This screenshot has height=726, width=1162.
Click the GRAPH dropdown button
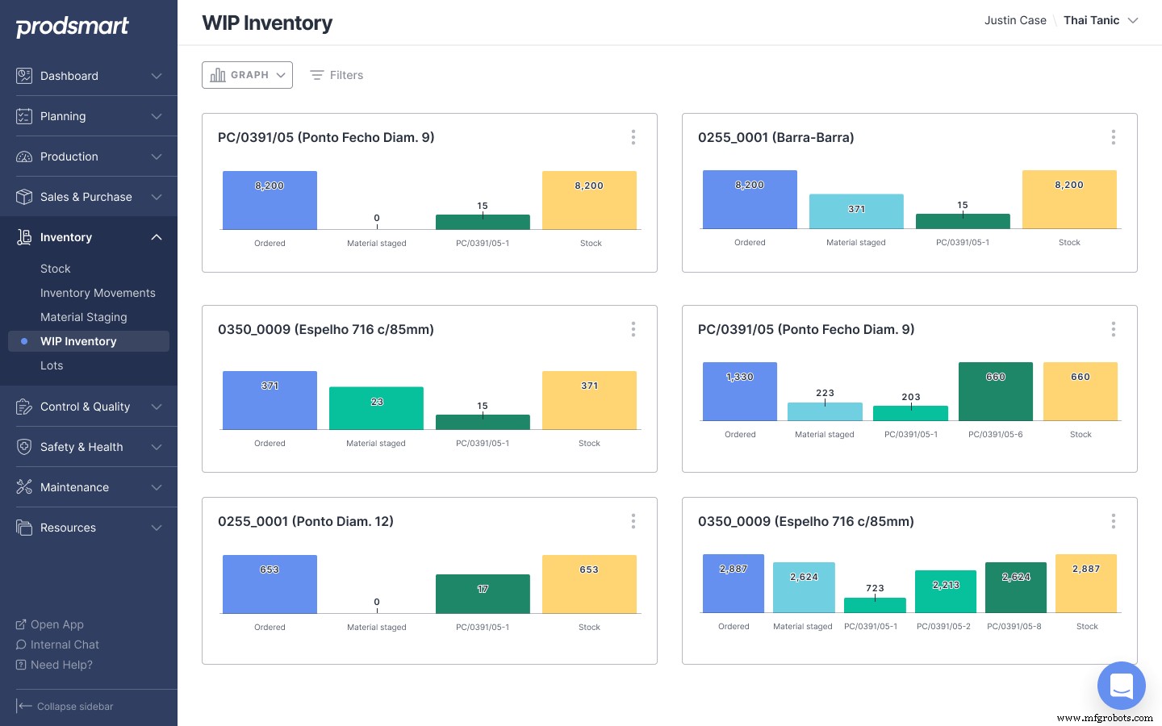point(247,75)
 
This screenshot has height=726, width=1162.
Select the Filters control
point(336,75)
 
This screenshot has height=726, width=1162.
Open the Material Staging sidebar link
point(84,317)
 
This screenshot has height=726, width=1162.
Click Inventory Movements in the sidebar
point(98,293)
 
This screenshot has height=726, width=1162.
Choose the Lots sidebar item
point(52,365)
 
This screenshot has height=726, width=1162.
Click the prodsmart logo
point(73,27)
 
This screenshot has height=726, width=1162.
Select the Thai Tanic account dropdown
point(1100,20)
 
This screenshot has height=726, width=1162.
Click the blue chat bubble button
point(1121,686)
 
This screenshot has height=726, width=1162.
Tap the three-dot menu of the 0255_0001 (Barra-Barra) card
point(1113,137)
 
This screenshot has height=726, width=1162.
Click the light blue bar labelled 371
point(856,211)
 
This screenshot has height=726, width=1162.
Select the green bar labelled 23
point(376,408)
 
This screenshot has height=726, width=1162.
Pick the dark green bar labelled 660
point(995,391)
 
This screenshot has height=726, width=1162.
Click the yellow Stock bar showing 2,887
point(1085,583)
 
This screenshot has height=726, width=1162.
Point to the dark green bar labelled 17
point(483,594)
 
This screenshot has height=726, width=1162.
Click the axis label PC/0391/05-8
point(1014,626)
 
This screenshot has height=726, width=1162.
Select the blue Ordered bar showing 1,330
point(739,391)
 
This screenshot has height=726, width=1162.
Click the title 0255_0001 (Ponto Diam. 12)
point(306,521)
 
